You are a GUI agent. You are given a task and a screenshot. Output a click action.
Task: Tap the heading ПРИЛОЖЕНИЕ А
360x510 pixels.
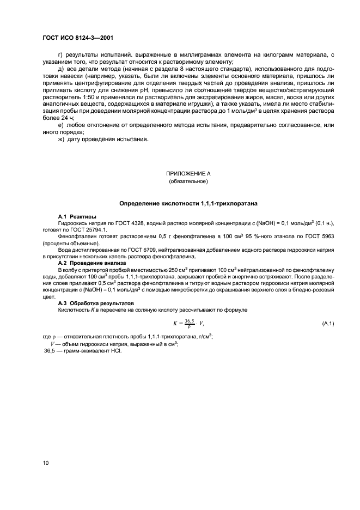(x=188, y=173)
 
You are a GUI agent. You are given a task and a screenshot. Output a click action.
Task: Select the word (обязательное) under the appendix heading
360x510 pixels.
(x=188, y=181)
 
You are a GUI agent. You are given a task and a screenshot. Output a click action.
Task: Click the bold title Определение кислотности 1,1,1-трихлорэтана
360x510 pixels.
(x=188, y=203)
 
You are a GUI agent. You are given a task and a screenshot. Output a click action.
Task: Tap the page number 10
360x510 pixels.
(x=45, y=463)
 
